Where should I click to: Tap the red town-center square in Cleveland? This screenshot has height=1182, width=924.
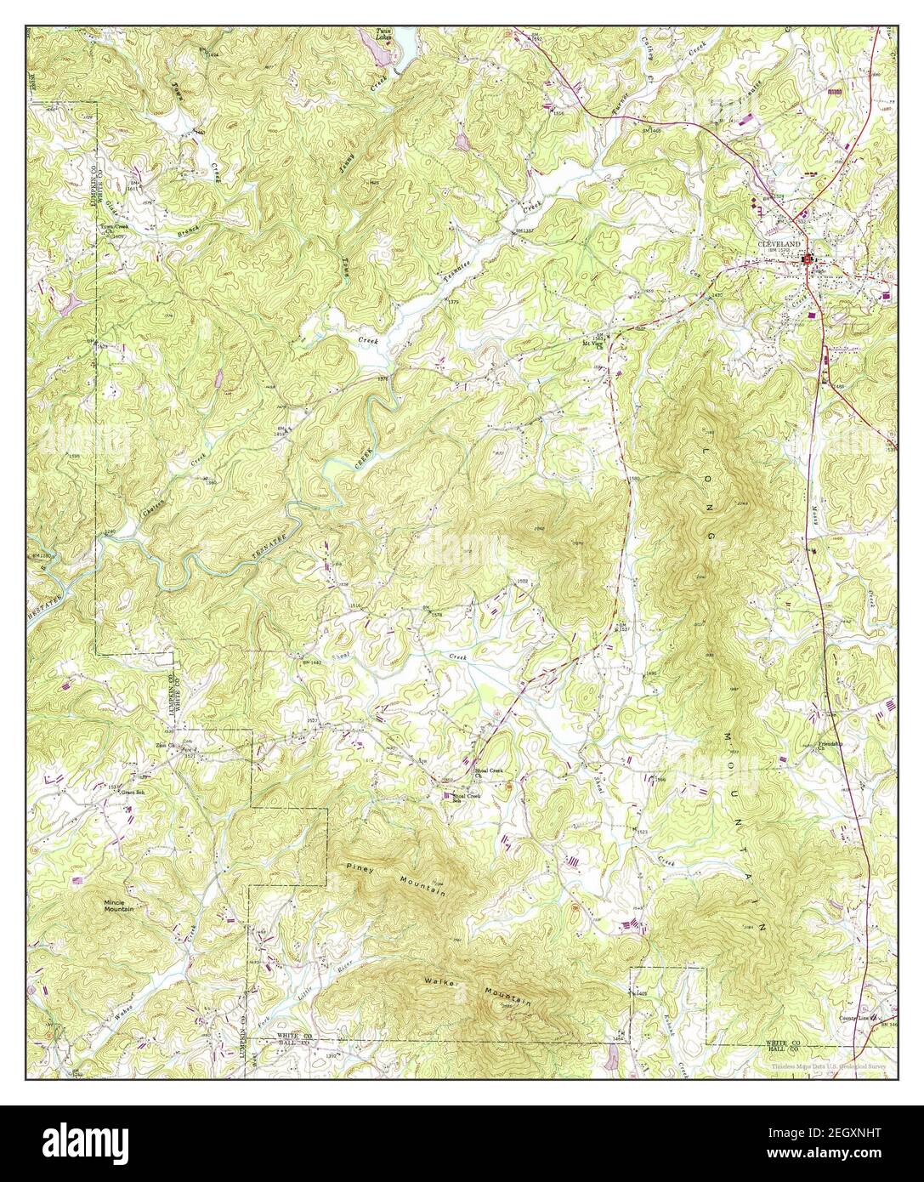click(x=811, y=260)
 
